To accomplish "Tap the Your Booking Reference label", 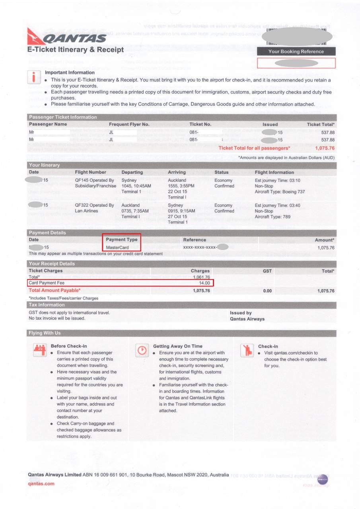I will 296,51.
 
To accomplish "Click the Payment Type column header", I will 121,240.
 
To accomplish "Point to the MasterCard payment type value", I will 117,248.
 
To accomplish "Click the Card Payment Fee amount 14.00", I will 204,283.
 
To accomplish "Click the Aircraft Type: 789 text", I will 272,217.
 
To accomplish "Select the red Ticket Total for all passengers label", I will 254,148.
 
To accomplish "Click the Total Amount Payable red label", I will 54,290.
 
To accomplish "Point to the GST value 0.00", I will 267,291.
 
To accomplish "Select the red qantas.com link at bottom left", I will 41,484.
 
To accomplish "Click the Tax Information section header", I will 47,305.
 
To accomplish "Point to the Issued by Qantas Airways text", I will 247,316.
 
